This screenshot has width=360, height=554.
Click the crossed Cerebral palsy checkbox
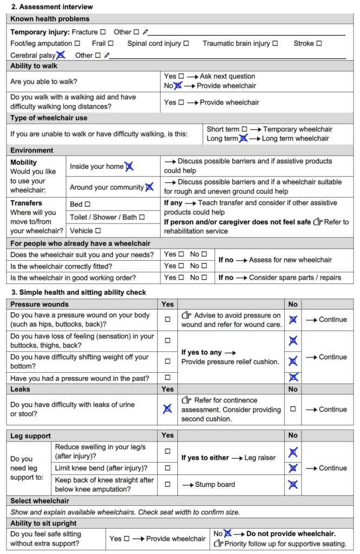point(61,55)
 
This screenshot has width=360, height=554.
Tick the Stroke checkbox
point(319,43)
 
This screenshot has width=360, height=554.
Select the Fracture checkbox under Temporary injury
point(103,32)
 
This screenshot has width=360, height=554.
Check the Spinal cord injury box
point(186,43)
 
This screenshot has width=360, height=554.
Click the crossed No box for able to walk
point(178,85)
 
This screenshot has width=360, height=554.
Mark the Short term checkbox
point(244,129)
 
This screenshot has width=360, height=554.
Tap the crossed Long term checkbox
point(243,138)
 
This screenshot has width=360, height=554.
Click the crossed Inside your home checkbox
point(129,167)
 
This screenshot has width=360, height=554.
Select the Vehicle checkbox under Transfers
point(98,230)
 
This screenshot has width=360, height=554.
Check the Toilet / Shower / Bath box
point(142,217)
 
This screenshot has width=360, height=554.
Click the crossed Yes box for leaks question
point(168,409)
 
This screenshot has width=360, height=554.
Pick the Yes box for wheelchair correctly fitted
point(181,266)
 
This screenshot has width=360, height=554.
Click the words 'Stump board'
point(215,484)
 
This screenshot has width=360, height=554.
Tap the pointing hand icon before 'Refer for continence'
point(186,400)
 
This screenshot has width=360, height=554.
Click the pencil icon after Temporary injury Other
point(145,32)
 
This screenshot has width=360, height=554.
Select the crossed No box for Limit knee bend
point(293,468)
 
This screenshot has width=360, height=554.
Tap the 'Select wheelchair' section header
point(40,501)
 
